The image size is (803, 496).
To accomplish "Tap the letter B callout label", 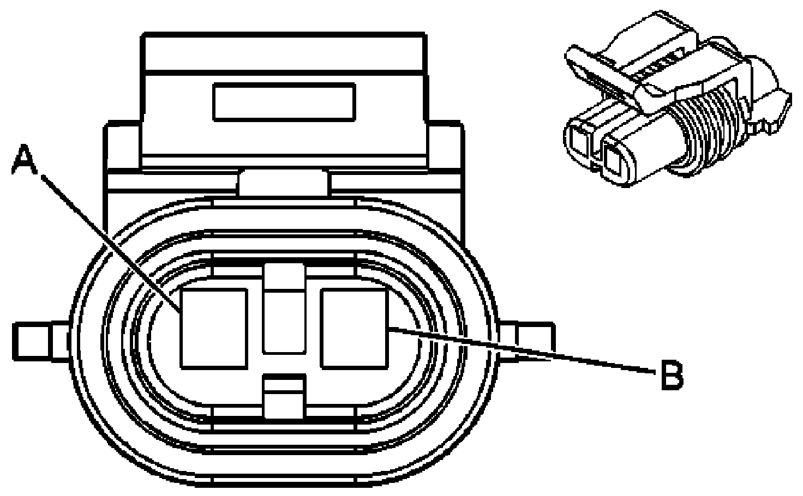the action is click(672, 376).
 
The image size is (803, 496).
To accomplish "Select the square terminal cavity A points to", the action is click(214, 329).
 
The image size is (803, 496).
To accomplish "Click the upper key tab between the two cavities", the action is click(284, 308).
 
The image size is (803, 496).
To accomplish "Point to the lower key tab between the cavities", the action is click(284, 398).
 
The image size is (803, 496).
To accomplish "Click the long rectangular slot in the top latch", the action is click(284, 102).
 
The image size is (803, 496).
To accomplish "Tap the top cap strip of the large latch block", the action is click(284, 52).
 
